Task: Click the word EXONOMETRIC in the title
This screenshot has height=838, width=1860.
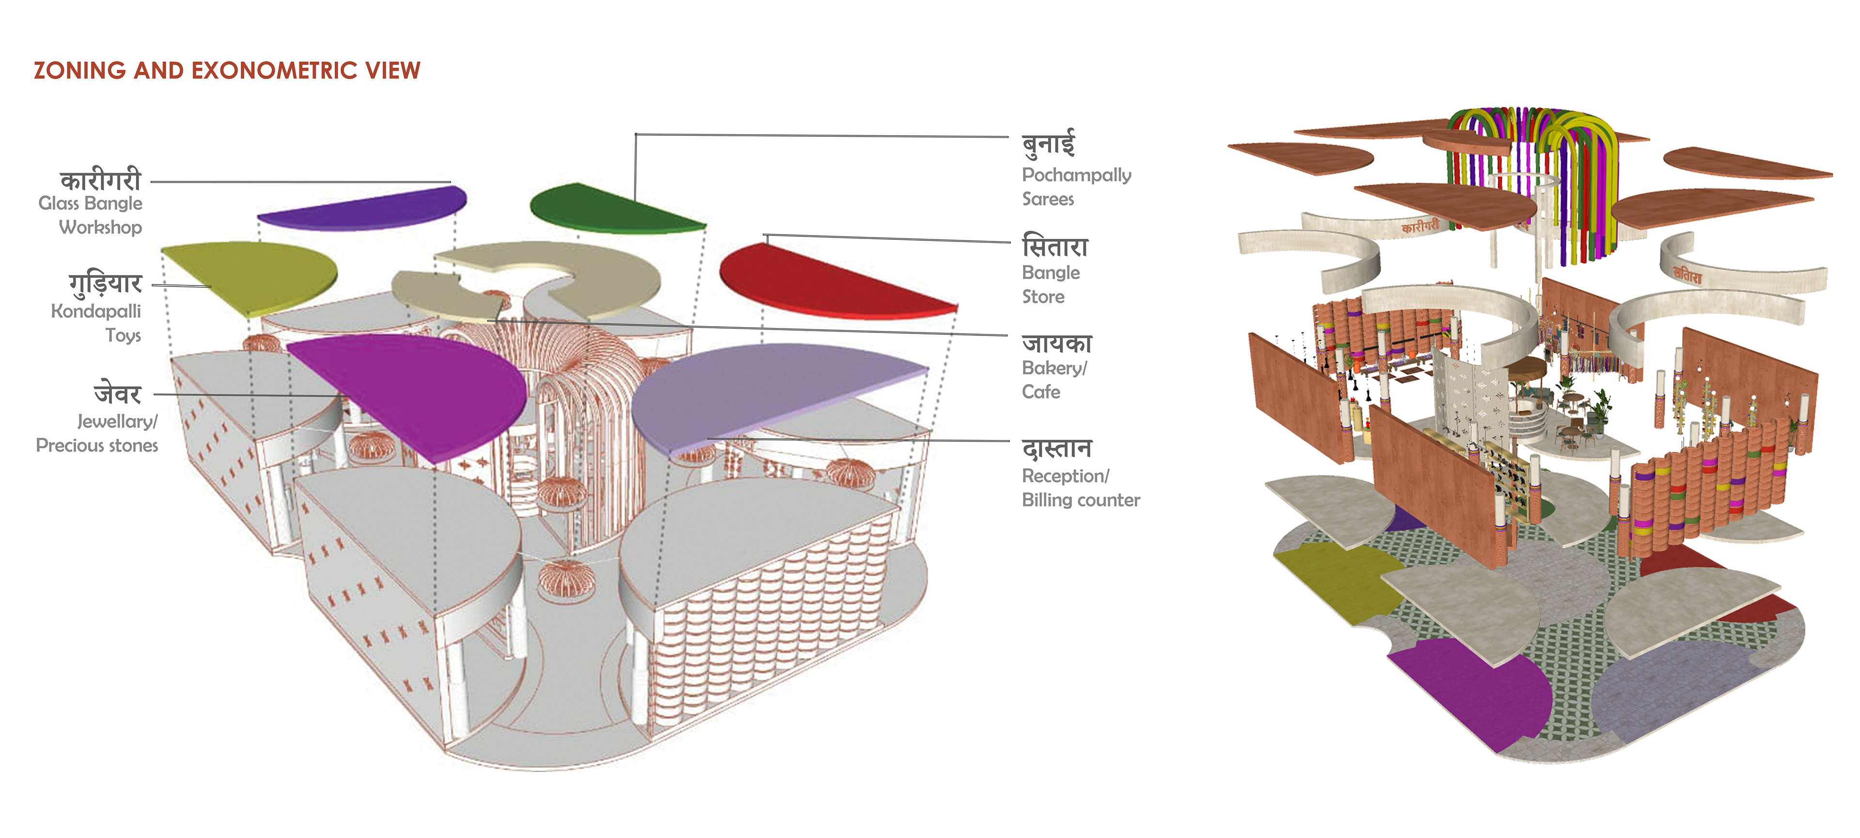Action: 274,71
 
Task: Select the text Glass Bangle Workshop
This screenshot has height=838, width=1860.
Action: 92,215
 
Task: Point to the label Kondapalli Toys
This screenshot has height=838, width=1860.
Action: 97,323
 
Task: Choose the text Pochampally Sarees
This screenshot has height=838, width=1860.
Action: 1075,187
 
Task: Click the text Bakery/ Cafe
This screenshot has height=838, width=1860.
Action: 1054,380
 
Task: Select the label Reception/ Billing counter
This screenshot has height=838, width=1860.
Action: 1080,488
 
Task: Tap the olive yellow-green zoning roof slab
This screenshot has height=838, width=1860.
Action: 253,274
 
